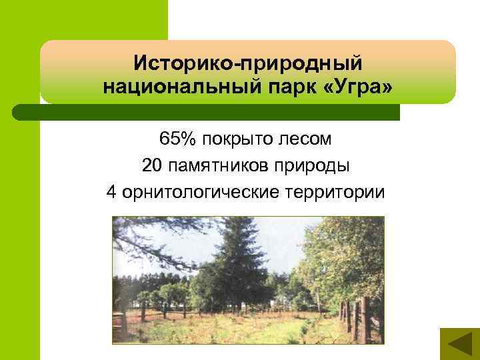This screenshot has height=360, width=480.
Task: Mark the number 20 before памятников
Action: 151,166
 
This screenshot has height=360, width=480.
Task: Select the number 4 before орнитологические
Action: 111,193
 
